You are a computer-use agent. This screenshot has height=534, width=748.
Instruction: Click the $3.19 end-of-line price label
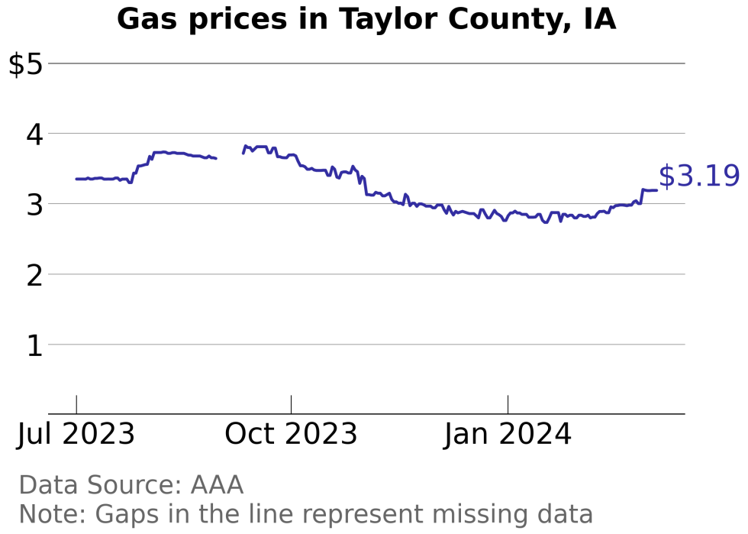(698, 176)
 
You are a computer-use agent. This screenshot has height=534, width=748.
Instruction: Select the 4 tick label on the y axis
(34, 134)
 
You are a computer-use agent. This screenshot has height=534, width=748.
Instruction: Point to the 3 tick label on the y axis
(34, 204)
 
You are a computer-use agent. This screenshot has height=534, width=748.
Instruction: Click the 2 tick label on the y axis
(34, 275)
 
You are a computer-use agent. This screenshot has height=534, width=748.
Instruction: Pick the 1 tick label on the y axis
(34, 345)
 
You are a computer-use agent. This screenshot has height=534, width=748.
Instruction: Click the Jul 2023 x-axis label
(76, 435)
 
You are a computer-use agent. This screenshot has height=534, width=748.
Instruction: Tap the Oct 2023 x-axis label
(291, 435)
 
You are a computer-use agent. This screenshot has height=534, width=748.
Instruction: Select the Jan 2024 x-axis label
(508, 435)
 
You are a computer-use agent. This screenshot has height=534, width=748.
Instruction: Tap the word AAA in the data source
(217, 485)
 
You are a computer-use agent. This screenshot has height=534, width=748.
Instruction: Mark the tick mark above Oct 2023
(291, 405)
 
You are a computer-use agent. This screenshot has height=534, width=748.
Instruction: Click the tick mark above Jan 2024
(508, 405)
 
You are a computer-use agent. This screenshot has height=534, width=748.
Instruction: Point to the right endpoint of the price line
(656, 189)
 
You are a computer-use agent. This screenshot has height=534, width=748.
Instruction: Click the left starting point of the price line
(76, 179)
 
